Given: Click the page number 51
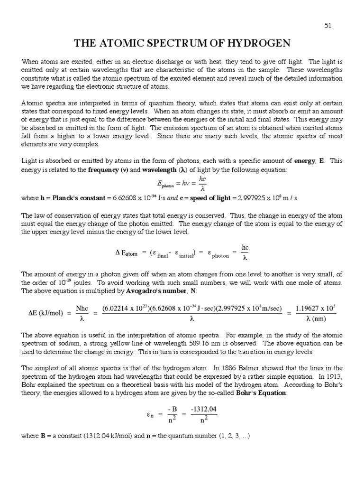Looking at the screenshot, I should [x=327, y=26].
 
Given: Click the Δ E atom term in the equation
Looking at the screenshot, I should [x=127, y=253].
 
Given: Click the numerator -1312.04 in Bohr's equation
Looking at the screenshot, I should [x=204, y=409].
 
